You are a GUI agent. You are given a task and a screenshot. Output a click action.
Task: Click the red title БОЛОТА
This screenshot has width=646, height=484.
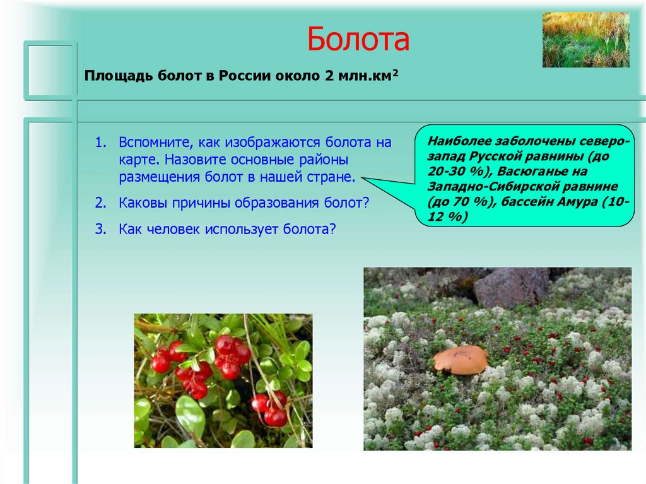click(358, 40)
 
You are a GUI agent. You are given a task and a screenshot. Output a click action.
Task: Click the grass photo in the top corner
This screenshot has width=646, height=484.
click(585, 39)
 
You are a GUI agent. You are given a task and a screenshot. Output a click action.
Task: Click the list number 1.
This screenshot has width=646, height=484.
click(102, 143)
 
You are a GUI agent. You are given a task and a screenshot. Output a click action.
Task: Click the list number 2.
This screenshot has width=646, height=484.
click(102, 203)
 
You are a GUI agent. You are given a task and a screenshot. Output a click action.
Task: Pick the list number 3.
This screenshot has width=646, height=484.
click(102, 229)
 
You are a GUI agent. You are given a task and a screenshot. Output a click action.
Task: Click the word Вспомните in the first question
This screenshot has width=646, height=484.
click(153, 143)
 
